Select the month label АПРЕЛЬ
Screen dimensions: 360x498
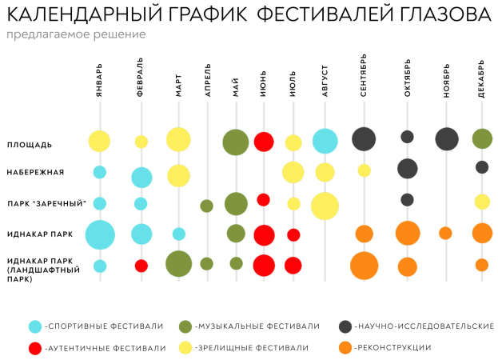(x=208, y=80)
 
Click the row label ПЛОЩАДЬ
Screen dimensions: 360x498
(x=30, y=145)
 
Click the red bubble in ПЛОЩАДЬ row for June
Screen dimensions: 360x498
(x=264, y=142)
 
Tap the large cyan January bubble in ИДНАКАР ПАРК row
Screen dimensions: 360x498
(x=100, y=234)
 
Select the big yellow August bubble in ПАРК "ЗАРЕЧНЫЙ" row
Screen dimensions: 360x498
(x=325, y=206)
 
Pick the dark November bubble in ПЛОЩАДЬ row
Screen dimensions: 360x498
(x=447, y=138)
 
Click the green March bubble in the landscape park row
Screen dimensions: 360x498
(x=178, y=264)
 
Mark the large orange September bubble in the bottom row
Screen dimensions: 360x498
(x=364, y=266)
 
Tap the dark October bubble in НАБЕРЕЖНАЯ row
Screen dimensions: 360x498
(x=408, y=169)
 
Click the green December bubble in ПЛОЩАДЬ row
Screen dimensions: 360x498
(x=482, y=138)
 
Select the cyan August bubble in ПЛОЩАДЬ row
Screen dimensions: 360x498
(x=325, y=141)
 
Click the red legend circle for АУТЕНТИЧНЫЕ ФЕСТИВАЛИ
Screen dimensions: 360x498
(x=35, y=348)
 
